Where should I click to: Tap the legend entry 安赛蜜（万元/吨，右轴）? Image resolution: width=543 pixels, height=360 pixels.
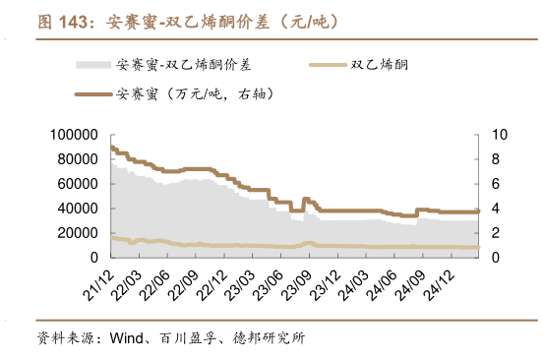coord(193,95)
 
